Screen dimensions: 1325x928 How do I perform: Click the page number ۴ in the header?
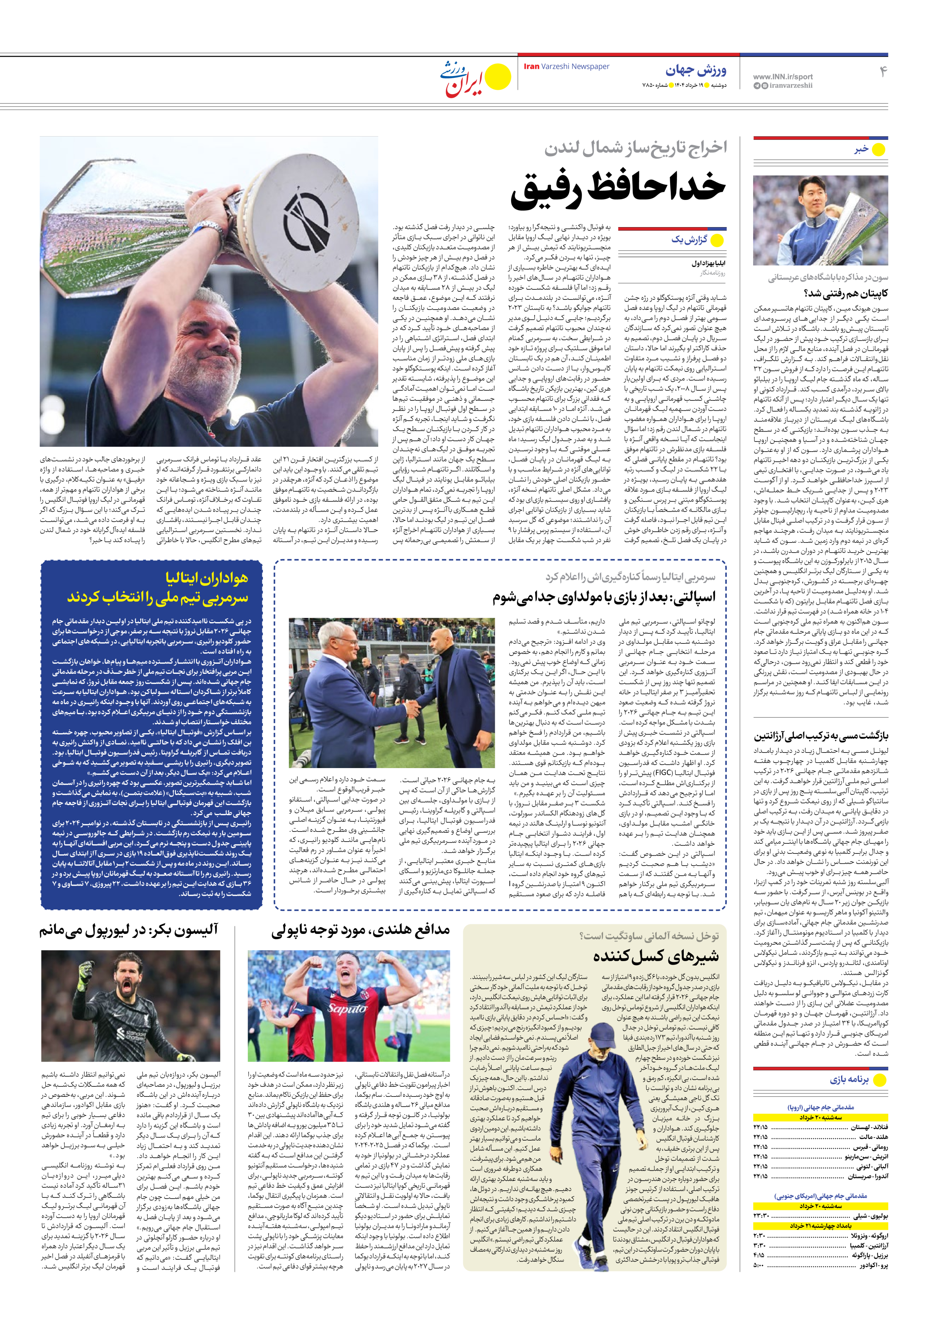pos(883,72)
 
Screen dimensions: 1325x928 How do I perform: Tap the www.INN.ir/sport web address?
pos(782,76)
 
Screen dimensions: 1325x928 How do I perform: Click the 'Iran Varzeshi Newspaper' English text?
pos(566,66)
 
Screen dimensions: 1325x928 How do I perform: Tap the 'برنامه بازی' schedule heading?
pos(849,1079)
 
